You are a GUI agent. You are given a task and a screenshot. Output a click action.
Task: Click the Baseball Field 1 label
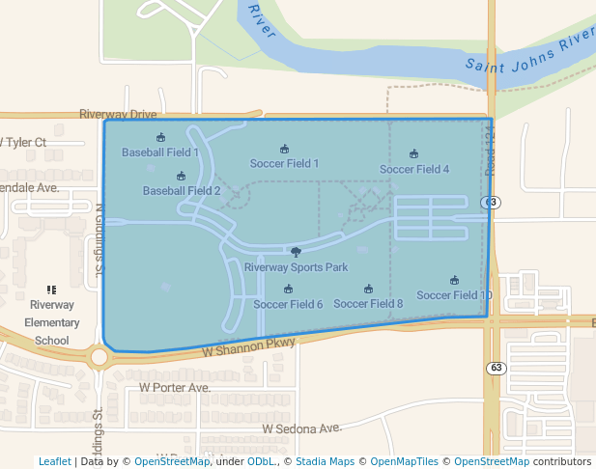click(x=160, y=152)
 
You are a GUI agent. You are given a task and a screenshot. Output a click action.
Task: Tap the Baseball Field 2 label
click(x=182, y=191)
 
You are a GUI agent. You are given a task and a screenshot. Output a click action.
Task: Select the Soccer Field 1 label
click(x=284, y=163)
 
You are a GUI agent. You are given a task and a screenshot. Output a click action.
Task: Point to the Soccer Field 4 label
click(x=413, y=169)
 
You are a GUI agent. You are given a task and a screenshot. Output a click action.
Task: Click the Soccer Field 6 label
click(x=288, y=304)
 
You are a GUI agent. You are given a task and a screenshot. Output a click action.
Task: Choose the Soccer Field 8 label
click(x=368, y=303)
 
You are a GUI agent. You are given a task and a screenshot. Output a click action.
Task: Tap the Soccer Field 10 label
click(x=454, y=295)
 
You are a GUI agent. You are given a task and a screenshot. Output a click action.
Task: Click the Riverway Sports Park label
click(x=296, y=267)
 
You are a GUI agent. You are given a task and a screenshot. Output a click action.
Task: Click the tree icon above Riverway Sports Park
click(x=296, y=252)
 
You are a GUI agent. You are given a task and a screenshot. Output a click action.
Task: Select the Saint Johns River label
click(x=529, y=54)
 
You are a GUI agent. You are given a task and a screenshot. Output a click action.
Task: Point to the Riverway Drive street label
click(x=118, y=114)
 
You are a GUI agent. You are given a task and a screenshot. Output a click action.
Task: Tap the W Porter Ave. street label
click(x=175, y=388)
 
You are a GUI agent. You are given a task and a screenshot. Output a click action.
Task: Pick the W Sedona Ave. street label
click(x=302, y=428)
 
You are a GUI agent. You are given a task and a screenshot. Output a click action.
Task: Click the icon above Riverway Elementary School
click(x=51, y=290)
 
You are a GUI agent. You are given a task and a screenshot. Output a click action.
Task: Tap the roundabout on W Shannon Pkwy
click(x=99, y=358)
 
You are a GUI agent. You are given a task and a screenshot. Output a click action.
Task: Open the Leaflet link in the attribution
click(x=54, y=462)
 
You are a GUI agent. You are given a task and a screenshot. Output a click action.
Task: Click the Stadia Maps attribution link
click(x=325, y=462)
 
